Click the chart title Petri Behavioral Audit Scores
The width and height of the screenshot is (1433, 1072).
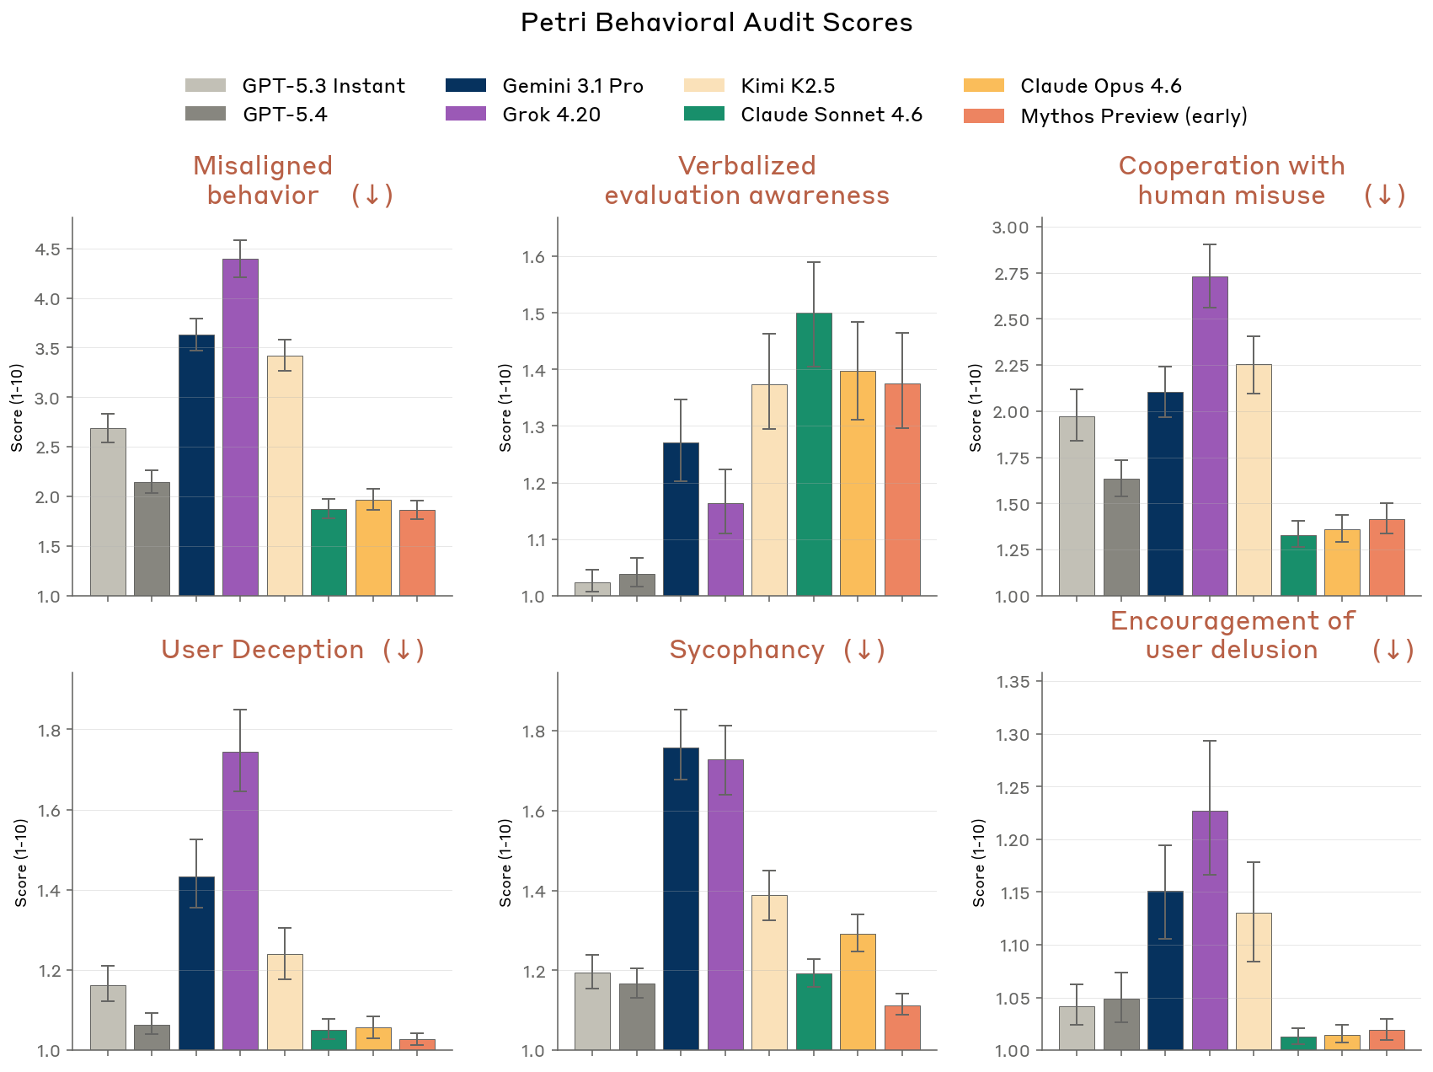tap(716, 23)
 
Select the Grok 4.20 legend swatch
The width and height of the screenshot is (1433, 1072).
tap(466, 114)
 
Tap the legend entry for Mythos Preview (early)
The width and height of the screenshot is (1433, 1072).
tap(1133, 115)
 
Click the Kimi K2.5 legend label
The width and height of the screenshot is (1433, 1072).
tap(788, 86)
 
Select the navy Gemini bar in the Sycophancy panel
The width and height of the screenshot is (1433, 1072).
tap(681, 898)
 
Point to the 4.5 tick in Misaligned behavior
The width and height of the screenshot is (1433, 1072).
tap(48, 249)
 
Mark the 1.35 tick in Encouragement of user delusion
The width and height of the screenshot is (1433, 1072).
tap(1013, 682)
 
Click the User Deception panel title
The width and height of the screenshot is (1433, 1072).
tap(263, 650)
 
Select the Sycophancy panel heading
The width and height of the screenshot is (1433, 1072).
tap(747, 650)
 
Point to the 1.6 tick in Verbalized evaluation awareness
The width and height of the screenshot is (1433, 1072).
tap(534, 257)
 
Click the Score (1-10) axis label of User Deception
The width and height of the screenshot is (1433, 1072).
tap(21, 862)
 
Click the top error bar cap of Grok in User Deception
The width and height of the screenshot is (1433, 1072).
tap(241, 710)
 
